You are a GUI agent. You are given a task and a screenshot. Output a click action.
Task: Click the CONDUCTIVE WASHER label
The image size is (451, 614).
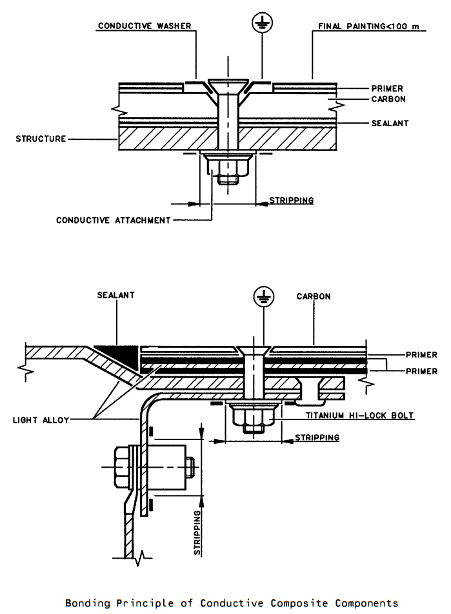coord(145,26)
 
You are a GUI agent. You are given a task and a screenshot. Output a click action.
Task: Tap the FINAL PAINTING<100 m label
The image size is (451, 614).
coord(368,26)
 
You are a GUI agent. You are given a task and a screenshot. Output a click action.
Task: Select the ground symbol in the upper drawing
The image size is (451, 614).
coord(262,24)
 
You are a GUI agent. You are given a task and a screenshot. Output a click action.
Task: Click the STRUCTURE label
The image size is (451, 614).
coord(41,139)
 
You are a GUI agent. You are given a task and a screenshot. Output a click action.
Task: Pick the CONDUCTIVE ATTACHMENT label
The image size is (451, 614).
coord(114,220)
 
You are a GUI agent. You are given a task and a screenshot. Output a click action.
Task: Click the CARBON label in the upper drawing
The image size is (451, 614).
coord(388,99)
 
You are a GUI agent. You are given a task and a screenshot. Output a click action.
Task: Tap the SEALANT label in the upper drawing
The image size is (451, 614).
coord(390,123)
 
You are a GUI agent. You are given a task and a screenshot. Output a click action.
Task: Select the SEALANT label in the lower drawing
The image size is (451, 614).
coord(115,295)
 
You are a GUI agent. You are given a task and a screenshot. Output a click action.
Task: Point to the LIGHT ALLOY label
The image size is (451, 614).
coord(41,420)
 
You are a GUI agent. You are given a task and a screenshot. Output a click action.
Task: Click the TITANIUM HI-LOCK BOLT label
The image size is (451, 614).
coord(359,415)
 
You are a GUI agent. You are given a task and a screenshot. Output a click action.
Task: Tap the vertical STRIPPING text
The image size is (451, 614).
coord(197,532)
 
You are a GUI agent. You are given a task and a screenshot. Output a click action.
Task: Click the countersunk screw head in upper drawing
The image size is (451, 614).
coord(228,84)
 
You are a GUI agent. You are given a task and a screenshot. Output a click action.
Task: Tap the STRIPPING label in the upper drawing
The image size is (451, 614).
coord(291,200)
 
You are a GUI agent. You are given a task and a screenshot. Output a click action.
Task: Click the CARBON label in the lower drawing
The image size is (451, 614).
coord(314,296)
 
